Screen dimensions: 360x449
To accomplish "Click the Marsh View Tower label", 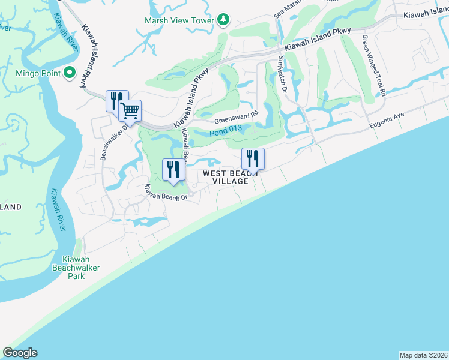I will [x=179, y=20].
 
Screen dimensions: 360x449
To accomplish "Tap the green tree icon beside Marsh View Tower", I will [x=223, y=20].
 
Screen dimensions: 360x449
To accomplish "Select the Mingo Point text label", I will [x=38, y=74].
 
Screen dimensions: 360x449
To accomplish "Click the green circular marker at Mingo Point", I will [x=70, y=74].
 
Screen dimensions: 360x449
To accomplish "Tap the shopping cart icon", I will [x=130, y=110].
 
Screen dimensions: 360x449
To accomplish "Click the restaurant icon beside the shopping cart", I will [x=116, y=100].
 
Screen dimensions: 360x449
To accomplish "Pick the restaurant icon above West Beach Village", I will [x=253, y=159].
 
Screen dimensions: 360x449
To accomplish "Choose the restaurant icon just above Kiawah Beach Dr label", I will [x=173, y=169].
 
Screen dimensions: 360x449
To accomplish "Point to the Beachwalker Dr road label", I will [x=113, y=142].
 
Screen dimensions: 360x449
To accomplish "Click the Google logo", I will [x=20, y=353].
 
